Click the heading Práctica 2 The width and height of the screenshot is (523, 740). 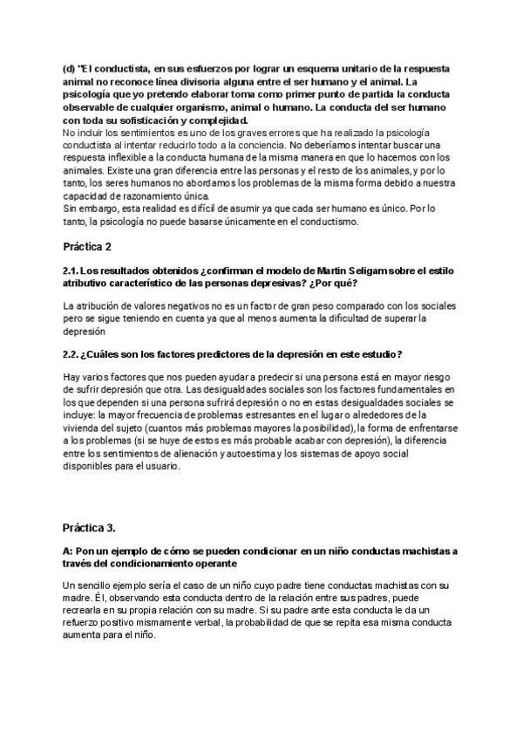coord(88,247)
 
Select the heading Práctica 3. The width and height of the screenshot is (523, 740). coord(89,528)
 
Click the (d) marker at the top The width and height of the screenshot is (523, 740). coord(69,67)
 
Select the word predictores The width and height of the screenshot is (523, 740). coord(207,353)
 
